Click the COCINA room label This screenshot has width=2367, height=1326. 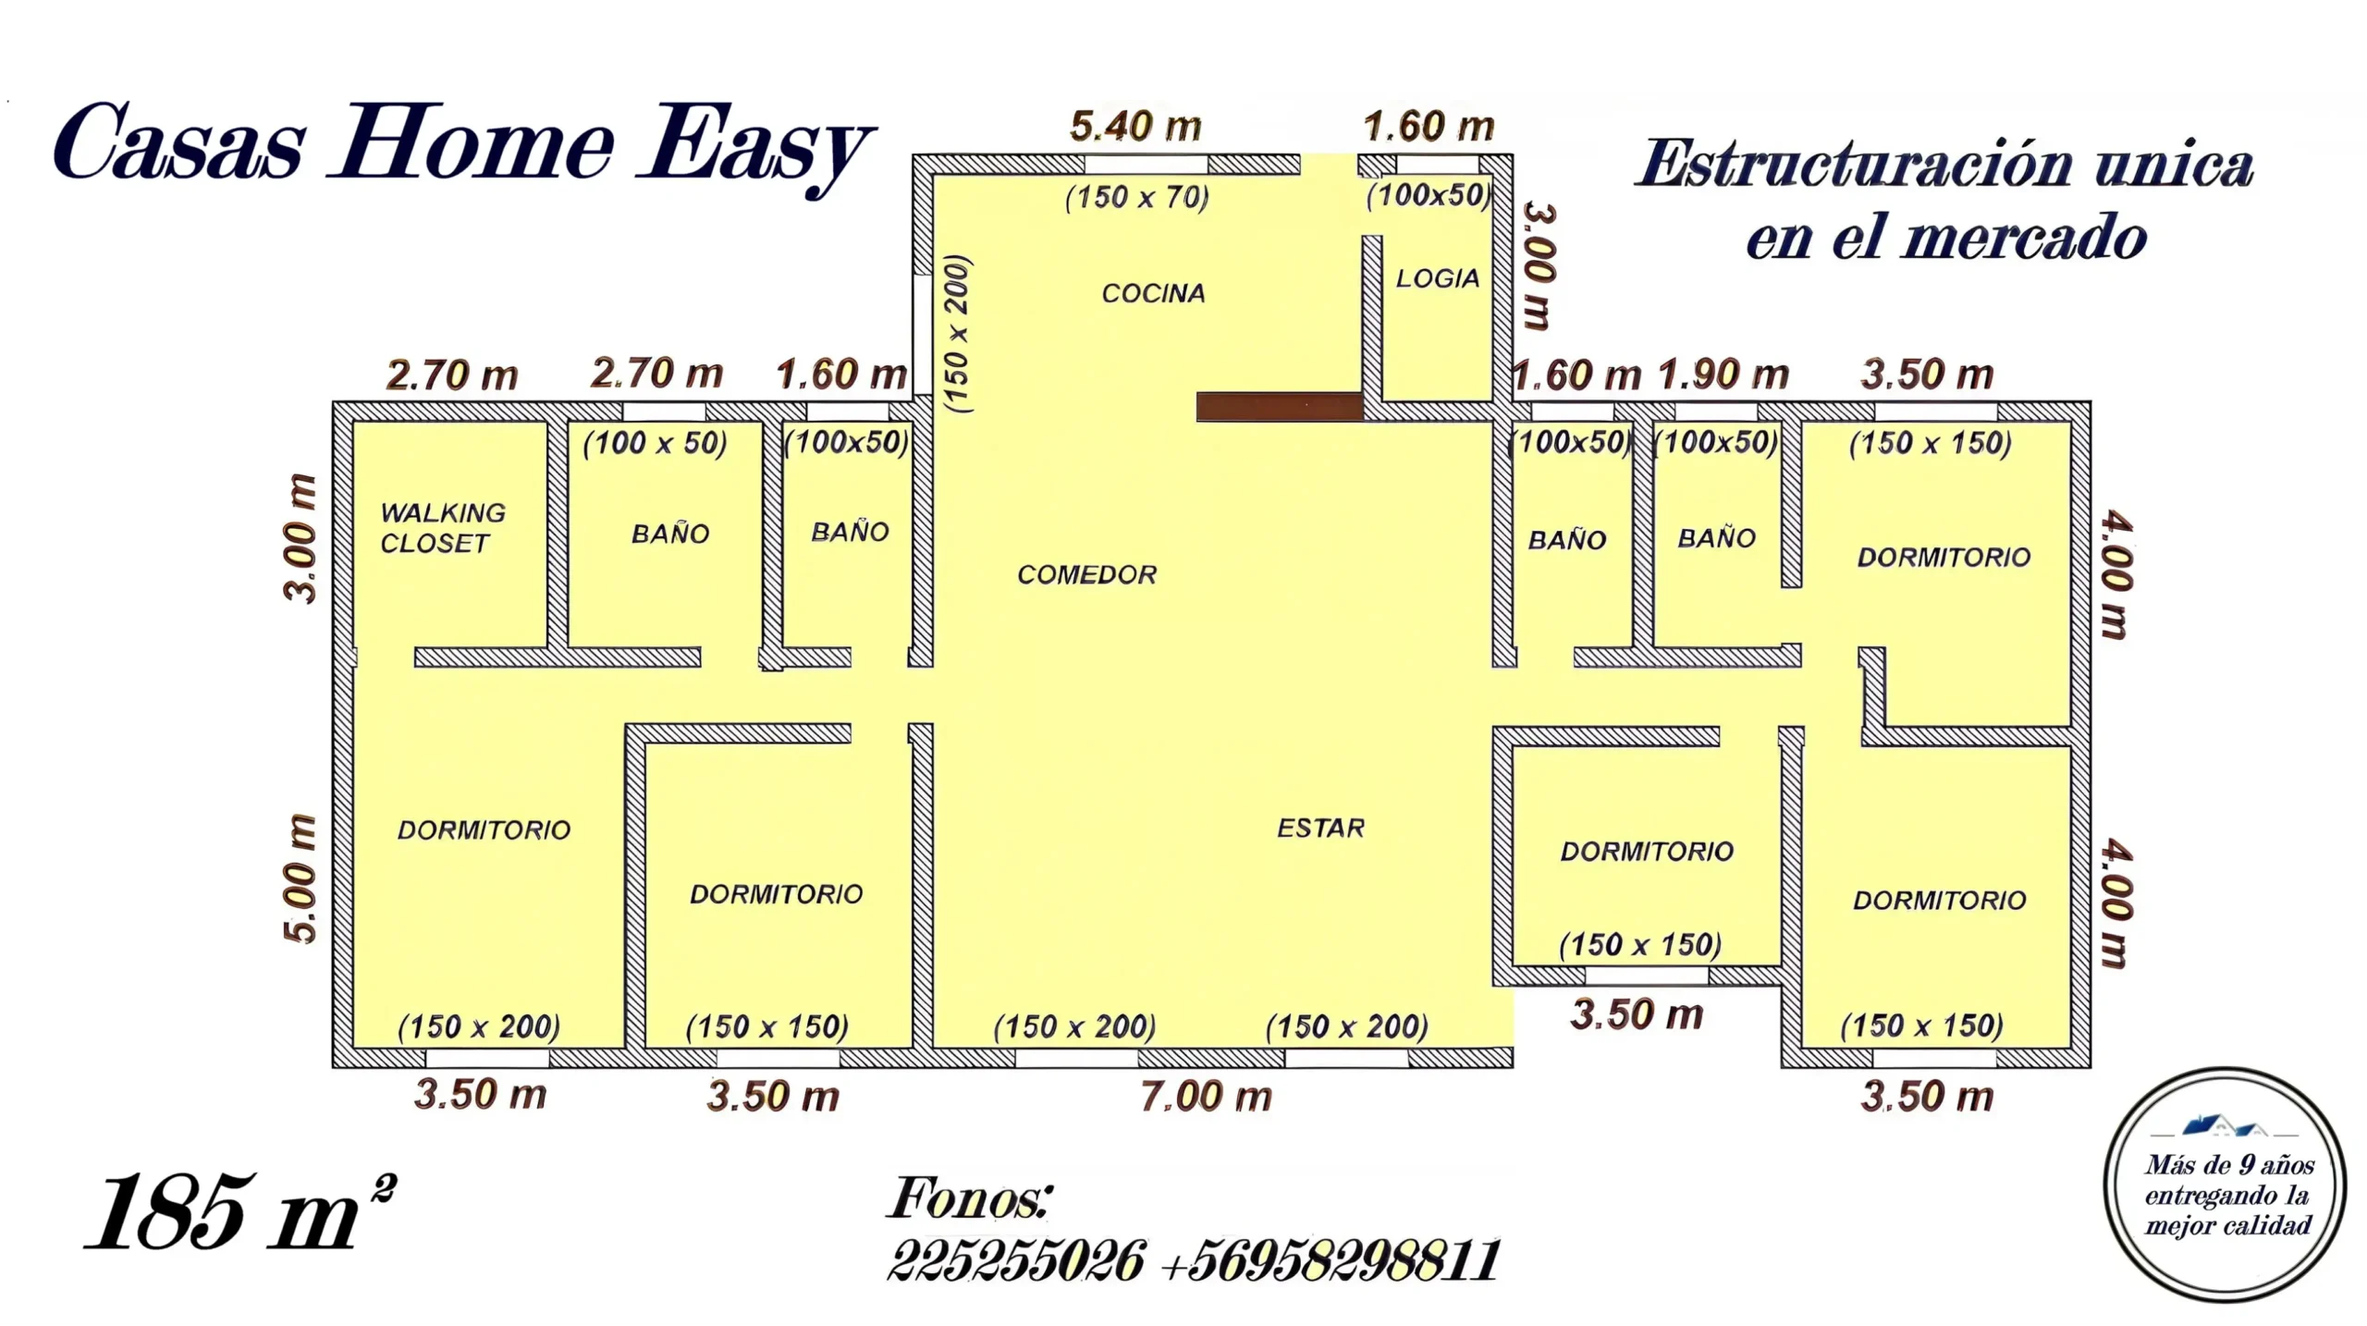tap(1153, 293)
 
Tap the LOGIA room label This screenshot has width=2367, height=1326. tap(1437, 278)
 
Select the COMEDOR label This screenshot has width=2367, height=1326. tap(1086, 574)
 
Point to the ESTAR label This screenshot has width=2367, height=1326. tap(1320, 828)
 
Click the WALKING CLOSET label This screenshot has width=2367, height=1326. tap(443, 528)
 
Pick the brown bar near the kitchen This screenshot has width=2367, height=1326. tap(1280, 407)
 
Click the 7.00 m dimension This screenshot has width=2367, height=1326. tap(1206, 1097)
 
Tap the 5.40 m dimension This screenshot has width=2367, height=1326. tap(1135, 127)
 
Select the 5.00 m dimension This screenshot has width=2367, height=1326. tap(300, 878)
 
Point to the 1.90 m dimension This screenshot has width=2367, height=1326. tap(1723, 375)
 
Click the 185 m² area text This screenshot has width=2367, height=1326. tap(240, 1211)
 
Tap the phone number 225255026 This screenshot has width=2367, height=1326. tap(1015, 1260)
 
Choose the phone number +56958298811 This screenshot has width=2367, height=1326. tap(1330, 1260)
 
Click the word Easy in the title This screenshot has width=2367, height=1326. tap(754, 148)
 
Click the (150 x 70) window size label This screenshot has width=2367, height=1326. tap(1136, 198)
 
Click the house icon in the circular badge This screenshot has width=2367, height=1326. tap(2225, 1126)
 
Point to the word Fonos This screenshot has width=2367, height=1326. tap(969, 1198)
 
